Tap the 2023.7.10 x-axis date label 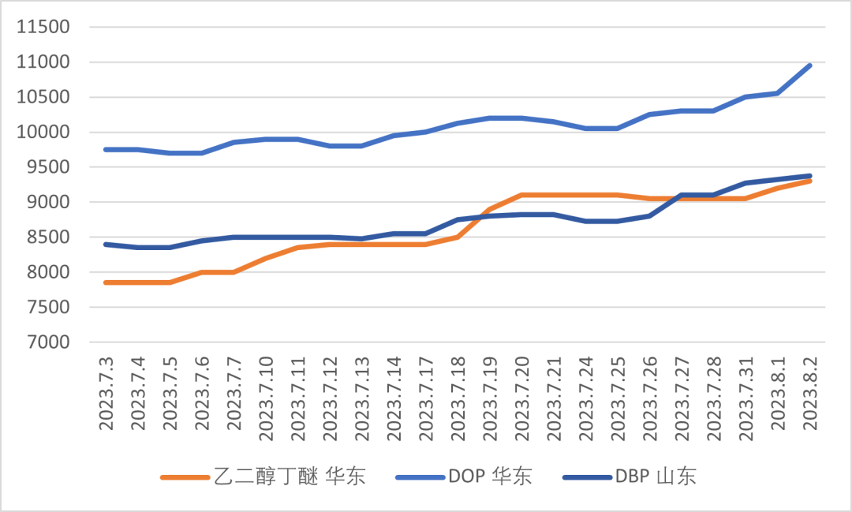(x=267, y=394)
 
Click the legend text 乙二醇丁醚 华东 (x=290, y=476)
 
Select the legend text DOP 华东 (x=490, y=476)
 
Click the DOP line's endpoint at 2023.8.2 (x=810, y=65)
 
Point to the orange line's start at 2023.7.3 (x=106, y=282)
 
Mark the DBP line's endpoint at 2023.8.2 (x=810, y=176)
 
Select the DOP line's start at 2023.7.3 (x=106, y=149)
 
